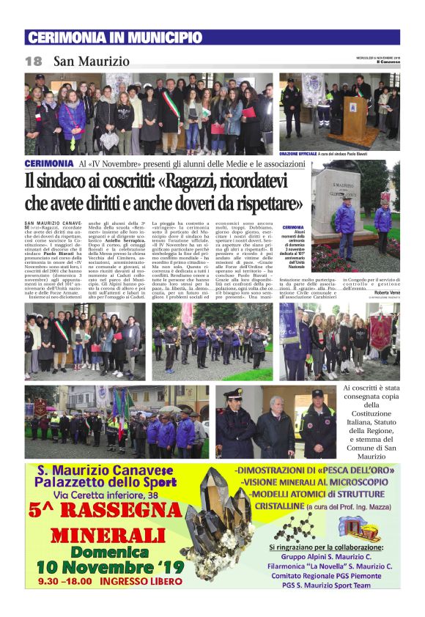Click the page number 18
[33, 61]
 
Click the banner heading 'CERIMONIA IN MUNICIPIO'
[114, 37]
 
